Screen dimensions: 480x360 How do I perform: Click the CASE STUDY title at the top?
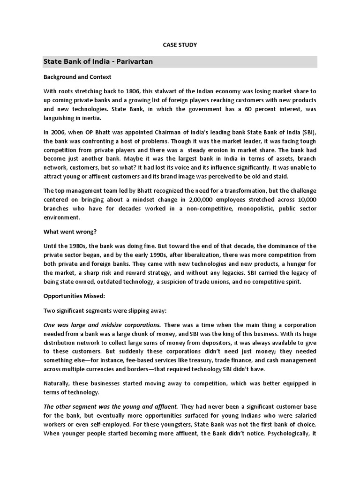(x=180, y=45)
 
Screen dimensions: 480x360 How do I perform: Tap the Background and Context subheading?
(x=77, y=76)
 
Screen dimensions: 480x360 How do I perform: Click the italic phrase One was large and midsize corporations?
(x=102, y=325)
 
